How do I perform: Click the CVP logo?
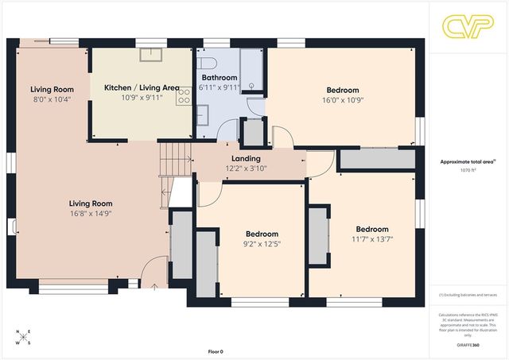(x=468, y=26)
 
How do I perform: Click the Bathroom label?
(x=220, y=77)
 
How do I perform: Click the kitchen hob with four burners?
(x=184, y=96)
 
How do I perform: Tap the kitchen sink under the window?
(x=150, y=54)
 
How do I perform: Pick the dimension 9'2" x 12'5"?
(x=261, y=244)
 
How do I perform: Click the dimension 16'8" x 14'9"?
(x=90, y=214)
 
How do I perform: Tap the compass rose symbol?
(x=25, y=337)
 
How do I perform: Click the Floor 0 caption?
(x=215, y=351)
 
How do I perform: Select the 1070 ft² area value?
(x=468, y=170)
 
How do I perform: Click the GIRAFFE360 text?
(x=468, y=346)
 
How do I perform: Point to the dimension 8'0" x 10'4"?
(x=52, y=99)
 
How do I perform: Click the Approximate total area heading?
(x=468, y=161)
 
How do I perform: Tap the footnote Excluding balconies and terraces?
(x=468, y=296)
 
